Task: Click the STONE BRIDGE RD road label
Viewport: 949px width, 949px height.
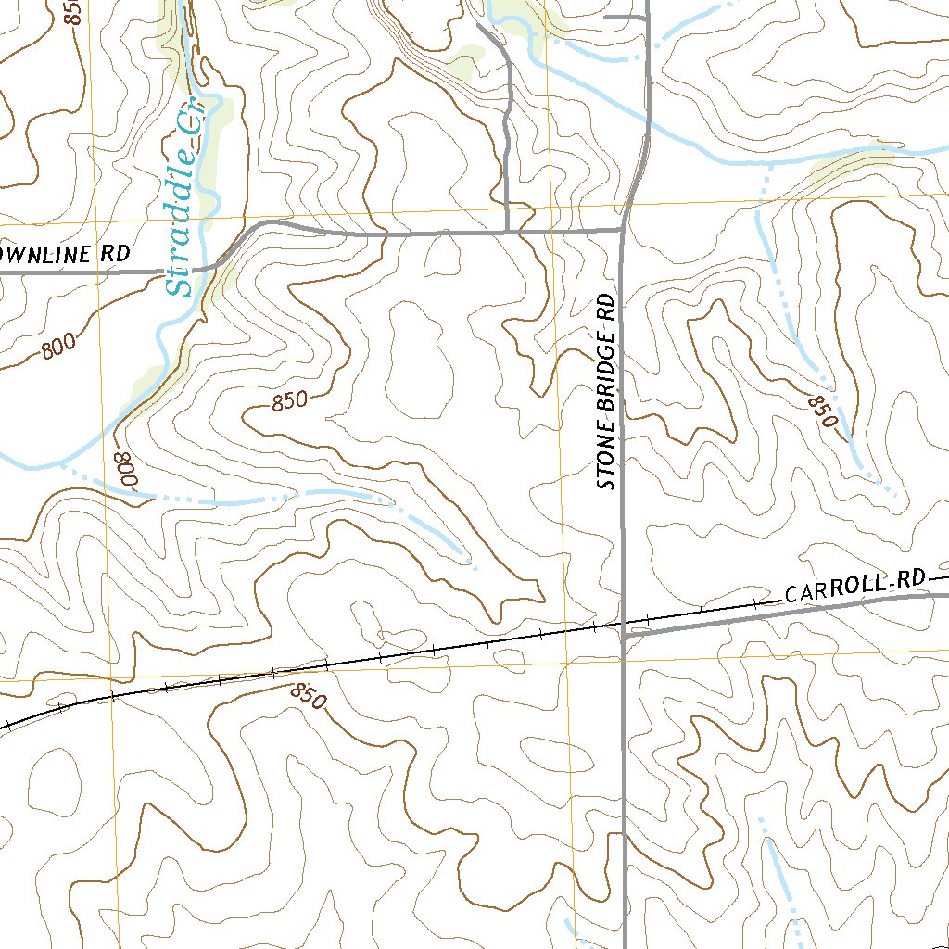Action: (x=606, y=392)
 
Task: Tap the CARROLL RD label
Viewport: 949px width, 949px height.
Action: (x=854, y=587)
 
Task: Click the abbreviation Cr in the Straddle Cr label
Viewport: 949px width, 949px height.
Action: (x=196, y=132)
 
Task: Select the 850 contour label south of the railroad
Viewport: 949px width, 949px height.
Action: (x=308, y=696)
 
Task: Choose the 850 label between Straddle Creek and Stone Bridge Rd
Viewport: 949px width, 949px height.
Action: (x=288, y=402)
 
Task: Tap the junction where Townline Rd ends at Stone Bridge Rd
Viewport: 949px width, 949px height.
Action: (x=622, y=229)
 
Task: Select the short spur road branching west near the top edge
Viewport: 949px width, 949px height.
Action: (x=623, y=17)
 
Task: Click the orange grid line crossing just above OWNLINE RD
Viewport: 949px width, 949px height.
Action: (x=100, y=223)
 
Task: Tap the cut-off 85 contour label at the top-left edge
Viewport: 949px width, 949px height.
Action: (x=75, y=11)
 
